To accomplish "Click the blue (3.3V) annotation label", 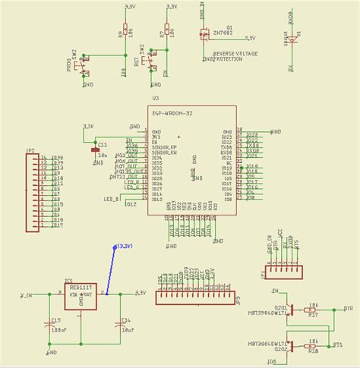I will click(x=123, y=246).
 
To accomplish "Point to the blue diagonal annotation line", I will click(x=112, y=270).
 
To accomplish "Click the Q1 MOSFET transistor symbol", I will click(x=203, y=34).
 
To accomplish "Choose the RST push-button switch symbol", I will click(x=151, y=58).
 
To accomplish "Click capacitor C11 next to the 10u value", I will click(x=95, y=150).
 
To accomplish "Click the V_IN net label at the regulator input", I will click(x=26, y=294).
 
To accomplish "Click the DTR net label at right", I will click(x=349, y=310).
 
